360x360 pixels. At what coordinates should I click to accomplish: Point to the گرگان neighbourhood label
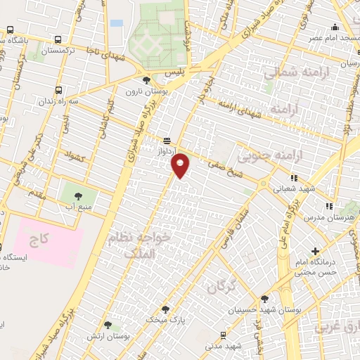click(219, 286)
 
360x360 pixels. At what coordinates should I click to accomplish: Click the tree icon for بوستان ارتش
click(108, 325)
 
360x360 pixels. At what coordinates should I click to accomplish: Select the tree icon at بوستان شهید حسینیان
click(264, 299)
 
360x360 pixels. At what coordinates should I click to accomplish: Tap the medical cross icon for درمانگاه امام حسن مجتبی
click(315, 251)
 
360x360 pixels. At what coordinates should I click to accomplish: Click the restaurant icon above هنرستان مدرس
click(328, 206)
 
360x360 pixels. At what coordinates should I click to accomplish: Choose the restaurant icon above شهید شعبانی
click(293, 178)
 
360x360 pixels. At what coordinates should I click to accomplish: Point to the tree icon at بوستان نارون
click(146, 80)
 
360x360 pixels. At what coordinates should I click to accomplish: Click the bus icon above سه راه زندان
click(58, 90)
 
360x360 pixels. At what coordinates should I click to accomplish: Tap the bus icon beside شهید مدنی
click(223, 335)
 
